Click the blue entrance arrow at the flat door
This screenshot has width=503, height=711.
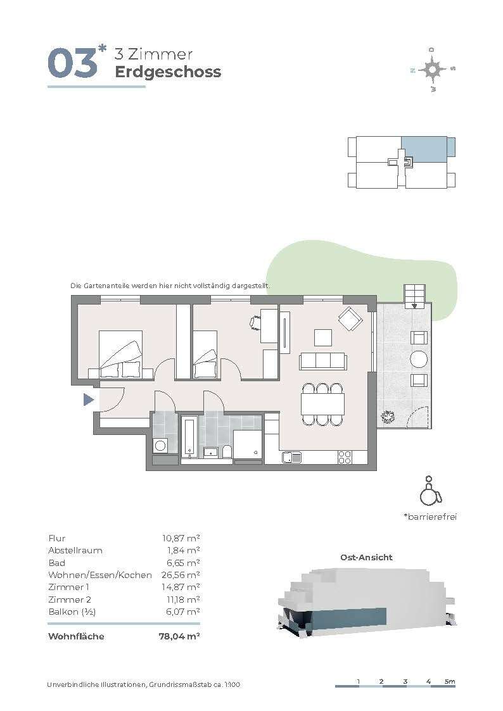point(89,400)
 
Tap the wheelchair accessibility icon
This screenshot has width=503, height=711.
point(429,491)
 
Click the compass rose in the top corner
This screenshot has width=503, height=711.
point(433,70)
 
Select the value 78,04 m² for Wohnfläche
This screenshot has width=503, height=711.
point(179,636)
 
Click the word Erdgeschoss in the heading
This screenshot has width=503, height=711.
point(168,72)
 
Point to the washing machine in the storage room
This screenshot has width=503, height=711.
point(160,446)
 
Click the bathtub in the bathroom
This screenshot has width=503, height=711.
point(189,437)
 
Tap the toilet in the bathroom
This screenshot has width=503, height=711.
point(227,452)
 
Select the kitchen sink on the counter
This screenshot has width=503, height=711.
point(291,457)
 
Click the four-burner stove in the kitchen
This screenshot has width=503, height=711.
point(345,457)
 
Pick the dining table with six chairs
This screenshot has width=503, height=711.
point(322,405)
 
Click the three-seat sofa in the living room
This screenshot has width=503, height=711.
point(323,362)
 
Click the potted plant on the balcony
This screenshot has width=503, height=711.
point(388,417)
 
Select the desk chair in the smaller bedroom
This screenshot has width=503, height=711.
point(255,322)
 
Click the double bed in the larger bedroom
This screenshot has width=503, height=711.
point(120,354)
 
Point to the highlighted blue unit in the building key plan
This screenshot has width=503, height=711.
point(424,149)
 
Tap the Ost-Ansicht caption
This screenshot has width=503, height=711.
point(366,557)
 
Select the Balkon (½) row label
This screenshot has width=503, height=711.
point(72,612)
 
